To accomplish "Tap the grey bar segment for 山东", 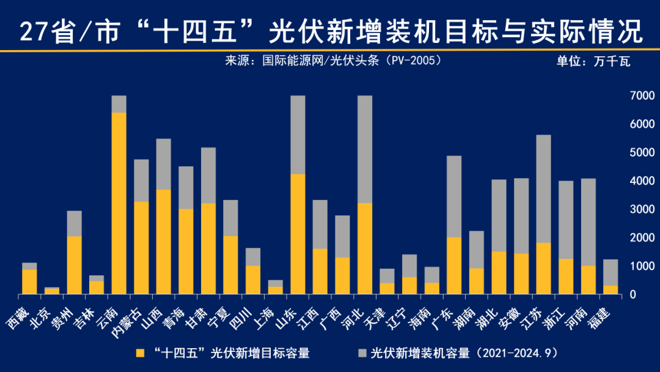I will (298, 135).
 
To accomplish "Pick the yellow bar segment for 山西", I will (164, 242).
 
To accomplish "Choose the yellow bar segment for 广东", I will (454, 266).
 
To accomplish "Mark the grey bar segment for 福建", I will (610, 272).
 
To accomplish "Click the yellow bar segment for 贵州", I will (75, 265).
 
